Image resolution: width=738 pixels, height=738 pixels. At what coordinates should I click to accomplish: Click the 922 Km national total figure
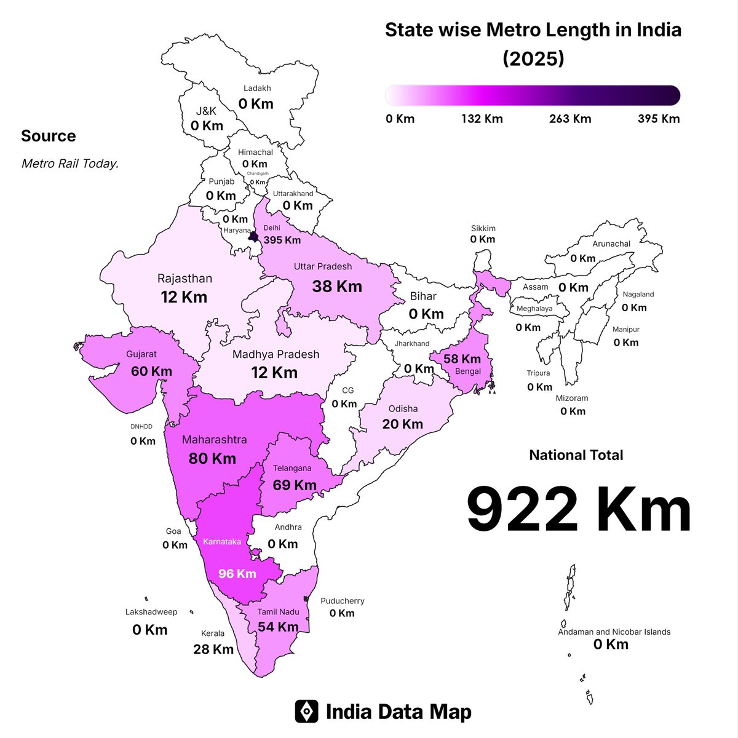[x=579, y=510]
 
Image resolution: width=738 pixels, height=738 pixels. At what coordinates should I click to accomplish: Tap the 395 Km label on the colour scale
[x=659, y=119]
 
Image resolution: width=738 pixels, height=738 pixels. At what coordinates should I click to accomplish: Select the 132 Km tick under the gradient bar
[x=482, y=119]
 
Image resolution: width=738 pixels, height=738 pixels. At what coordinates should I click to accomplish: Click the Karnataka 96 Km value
[x=237, y=574]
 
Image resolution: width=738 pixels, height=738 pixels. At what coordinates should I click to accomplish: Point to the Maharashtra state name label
[x=214, y=440]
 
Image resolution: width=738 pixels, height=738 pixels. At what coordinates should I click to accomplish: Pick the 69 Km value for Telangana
[x=295, y=485]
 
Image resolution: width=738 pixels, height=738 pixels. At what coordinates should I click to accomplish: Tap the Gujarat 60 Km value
[x=151, y=371]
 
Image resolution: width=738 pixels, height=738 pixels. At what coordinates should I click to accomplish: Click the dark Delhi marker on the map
[x=253, y=236]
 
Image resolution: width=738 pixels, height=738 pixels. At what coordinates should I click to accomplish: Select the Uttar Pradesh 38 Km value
[x=337, y=286]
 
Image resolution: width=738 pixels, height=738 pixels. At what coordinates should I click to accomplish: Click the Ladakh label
[x=257, y=89]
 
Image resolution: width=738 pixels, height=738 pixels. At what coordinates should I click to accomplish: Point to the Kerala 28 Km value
[x=213, y=649]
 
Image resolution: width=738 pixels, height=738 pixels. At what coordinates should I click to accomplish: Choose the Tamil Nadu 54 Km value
[x=278, y=627]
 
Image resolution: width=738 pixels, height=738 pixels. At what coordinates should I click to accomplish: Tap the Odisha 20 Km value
[x=402, y=424]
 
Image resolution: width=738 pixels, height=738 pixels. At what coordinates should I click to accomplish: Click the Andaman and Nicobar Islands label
[x=614, y=632]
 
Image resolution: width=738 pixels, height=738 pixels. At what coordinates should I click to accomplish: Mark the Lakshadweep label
[x=151, y=612]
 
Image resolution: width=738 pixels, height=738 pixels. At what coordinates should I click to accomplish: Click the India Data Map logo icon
[x=306, y=712]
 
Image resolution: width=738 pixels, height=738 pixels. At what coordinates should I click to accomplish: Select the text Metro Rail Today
[x=70, y=164]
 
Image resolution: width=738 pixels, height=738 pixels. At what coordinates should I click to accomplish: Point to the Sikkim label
[x=483, y=228]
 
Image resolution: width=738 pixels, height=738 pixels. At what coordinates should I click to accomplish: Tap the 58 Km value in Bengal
[x=462, y=359]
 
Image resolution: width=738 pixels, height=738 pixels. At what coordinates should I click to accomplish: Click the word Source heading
[x=49, y=136]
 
